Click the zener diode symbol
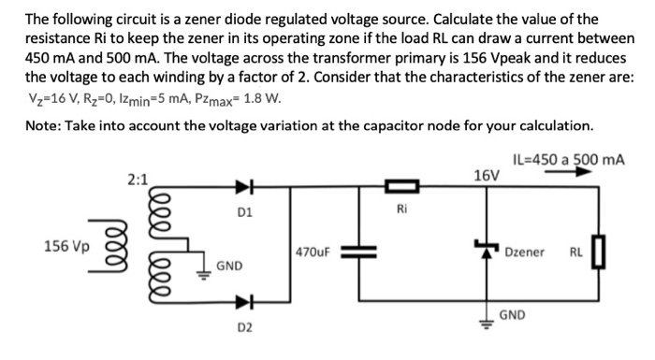pos(485,250)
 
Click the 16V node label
pos(487,175)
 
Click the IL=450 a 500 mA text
pos(569,159)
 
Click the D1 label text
pos(243,211)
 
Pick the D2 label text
pos(243,328)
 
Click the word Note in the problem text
pos(43,124)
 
